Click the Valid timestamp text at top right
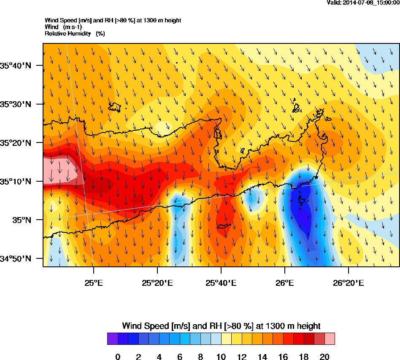click(x=363, y=3)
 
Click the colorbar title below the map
click(x=221, y=326)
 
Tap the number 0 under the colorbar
click(x=118, y=357)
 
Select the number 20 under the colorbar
click(x=324, y=357)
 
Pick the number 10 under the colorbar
click(x=221, y=357)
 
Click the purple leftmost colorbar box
click(x=112, y=339)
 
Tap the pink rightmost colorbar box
click(x=330, y=339)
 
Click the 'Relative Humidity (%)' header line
click(x=75, y=33)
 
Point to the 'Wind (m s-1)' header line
click(x=63, y=27)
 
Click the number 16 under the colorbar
click(x=283, y=357)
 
